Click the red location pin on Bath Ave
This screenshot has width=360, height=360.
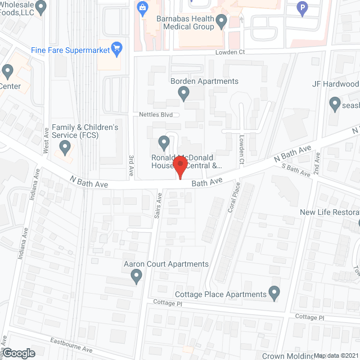pyautogui.click(x=179, y=168)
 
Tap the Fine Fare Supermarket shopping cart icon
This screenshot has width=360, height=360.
pyautogui.click(x=117, y=47)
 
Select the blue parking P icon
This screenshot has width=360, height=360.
pyautogui.click(x=303, y=8)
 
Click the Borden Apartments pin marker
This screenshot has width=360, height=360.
pyautogui.click(x=183, y=96)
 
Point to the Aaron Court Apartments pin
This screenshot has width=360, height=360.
pyautogui.click(x=136, y=276)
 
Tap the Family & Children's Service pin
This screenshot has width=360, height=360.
pyautogui.click(x=64, y=148)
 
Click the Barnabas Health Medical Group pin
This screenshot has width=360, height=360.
pyautogui.click(x=221, y=22)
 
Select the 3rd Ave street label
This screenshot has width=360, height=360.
pyautogui.click(x=132, y=163)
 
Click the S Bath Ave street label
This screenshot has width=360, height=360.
pyautogui.click(x=296, y=169)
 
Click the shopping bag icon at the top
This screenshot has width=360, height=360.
pyautogui.click(x=142, y=8)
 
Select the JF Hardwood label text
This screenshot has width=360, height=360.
pyautogui.click(x=335, y=84)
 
